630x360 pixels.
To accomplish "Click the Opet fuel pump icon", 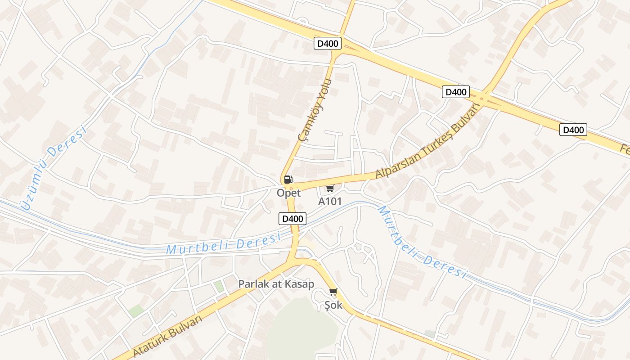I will tap(288, 180).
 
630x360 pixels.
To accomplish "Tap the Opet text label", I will tap(288, 193).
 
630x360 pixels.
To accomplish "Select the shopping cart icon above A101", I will tap(330, 189).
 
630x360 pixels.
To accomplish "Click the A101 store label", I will tap(330, 201).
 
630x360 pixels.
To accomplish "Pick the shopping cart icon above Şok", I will tap(333, 292).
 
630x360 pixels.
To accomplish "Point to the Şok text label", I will tap(333, 305).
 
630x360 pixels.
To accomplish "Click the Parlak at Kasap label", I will tap(276, 284).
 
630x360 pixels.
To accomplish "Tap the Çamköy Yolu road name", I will tap(315, 110).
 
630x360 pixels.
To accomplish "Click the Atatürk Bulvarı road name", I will tap(167, 336).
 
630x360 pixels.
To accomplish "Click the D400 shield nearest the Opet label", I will tap(292, 219).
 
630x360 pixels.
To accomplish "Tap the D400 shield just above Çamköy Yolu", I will tap(328, 44).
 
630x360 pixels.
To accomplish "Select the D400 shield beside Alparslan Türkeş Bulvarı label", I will tap(455, 92).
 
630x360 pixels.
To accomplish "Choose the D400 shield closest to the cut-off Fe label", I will tap(573, 130).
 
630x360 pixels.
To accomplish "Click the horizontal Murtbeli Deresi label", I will tap(223, 244).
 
